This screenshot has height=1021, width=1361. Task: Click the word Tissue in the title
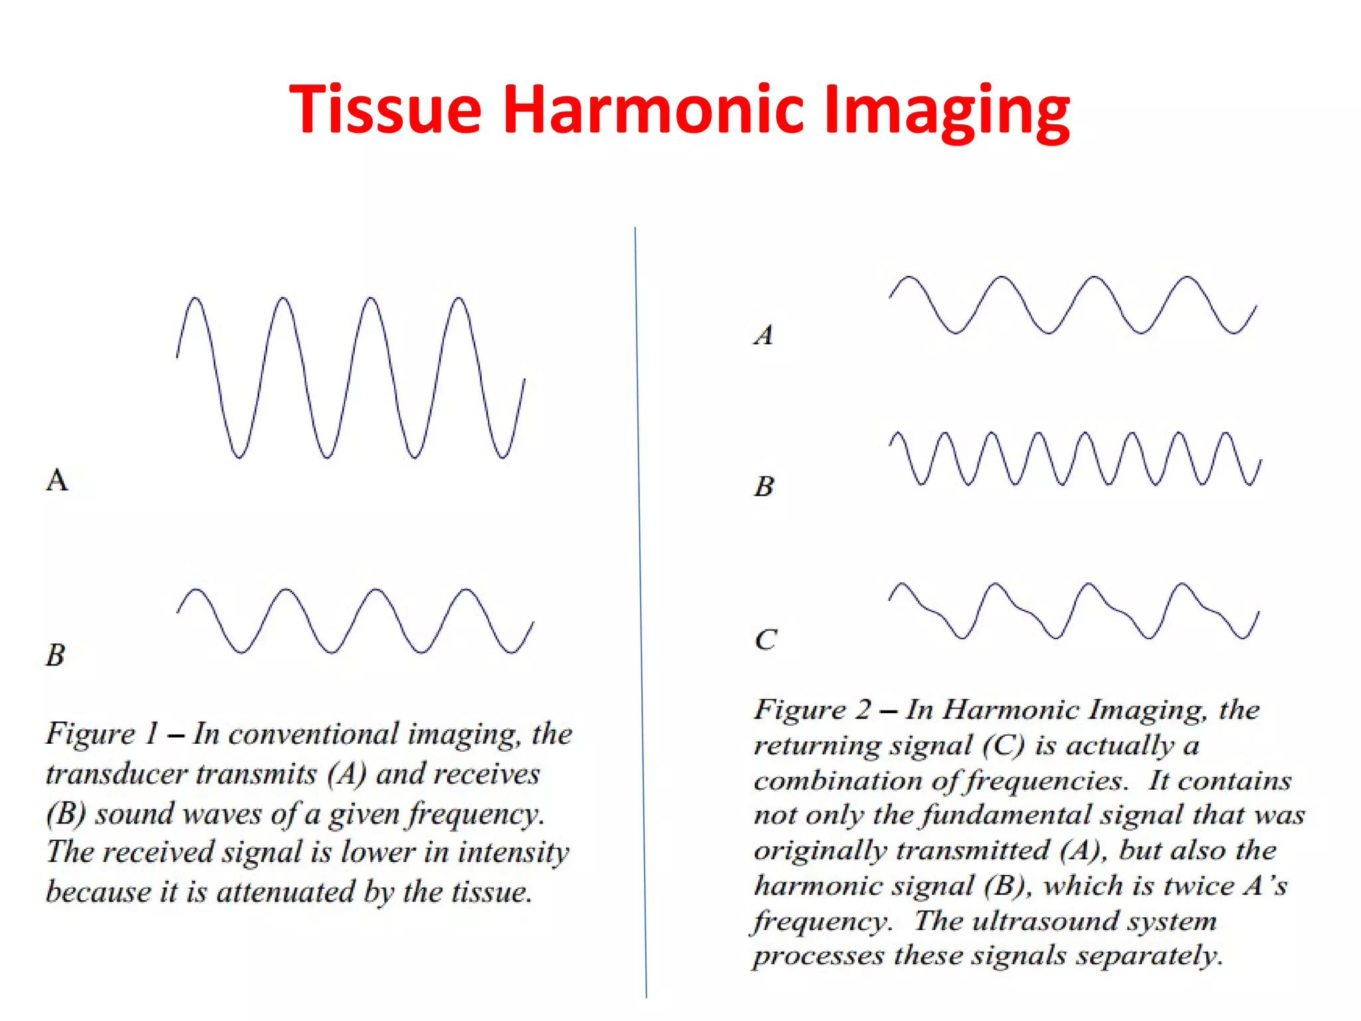pyautogui.click(x=385, y=110)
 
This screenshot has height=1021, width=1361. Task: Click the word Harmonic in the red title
pyautogui.click(x=651, y=110)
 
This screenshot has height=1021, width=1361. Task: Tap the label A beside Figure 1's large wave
pyautogui.click(x=57, y=479)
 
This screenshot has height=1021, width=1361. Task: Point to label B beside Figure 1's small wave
pyautogui.click(x=56, y=655)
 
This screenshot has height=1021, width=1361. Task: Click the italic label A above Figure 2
pyautogui.click(x=764, y=334)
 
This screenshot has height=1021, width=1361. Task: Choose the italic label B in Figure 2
pyautogui.click(x=764, y=486)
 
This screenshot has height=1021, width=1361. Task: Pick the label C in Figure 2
pyautogui.click(x=766, y=639)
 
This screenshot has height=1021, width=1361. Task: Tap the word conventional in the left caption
pyautogui.click(x=314, y=734)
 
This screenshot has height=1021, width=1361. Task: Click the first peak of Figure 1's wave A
pyautogui.click(x=195, y=298)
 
